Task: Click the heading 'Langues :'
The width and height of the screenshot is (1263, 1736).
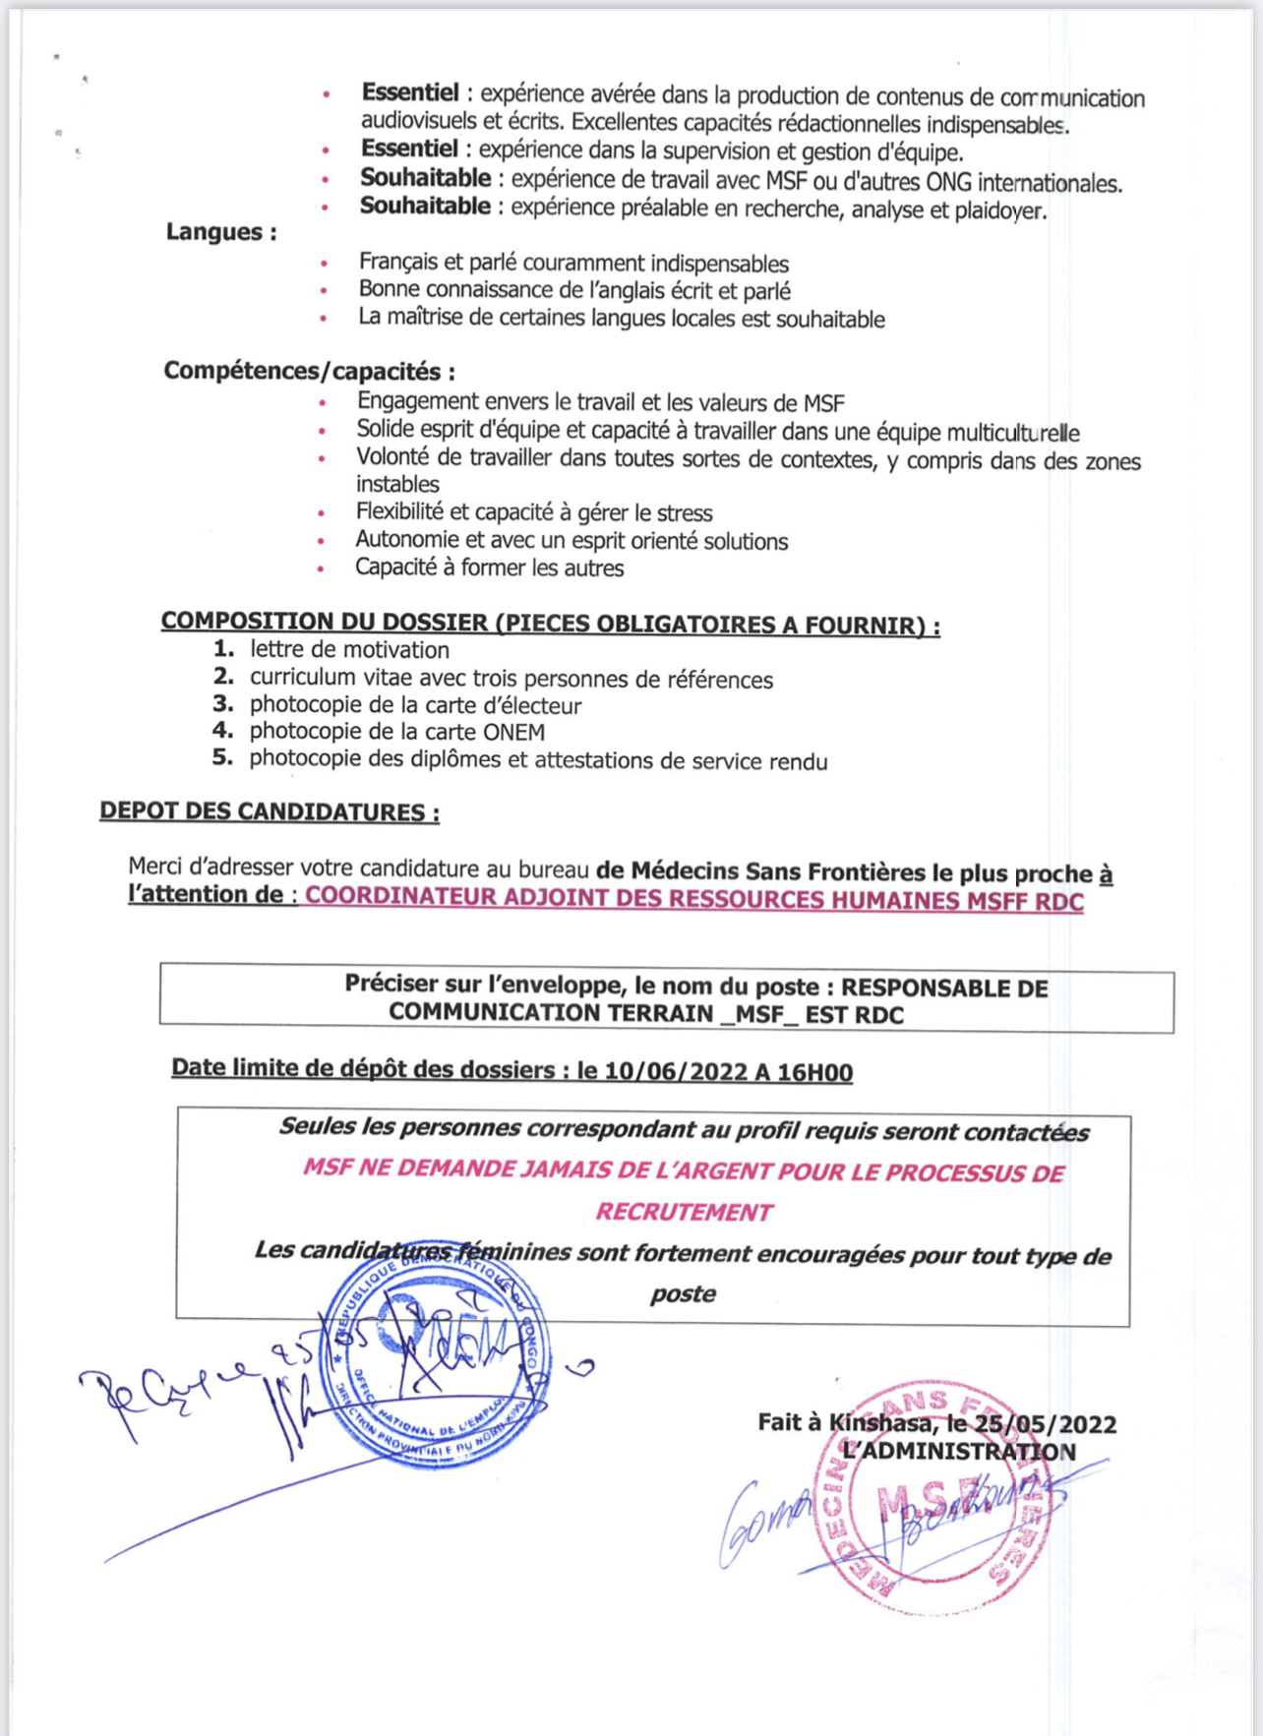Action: click(220, 233)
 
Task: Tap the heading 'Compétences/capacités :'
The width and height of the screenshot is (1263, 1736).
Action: click(309, 372)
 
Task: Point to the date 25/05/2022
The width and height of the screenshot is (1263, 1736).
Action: click(1044, 1424)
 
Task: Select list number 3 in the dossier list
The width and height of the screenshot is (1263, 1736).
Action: click(223, 704)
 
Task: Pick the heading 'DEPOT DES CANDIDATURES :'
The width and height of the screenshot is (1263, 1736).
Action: click(269, 812)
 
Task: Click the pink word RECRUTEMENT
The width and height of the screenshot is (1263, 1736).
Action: click(684, 1213)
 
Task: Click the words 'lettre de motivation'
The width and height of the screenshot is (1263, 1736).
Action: click(349, 650)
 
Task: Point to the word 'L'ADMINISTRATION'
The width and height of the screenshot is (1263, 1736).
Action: click(959, 1453)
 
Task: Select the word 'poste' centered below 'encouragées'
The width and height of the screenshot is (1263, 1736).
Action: click(683, 1294)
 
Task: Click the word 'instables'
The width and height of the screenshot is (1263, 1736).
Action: click(397, 485)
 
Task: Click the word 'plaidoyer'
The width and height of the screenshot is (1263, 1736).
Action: click(999, 210)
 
